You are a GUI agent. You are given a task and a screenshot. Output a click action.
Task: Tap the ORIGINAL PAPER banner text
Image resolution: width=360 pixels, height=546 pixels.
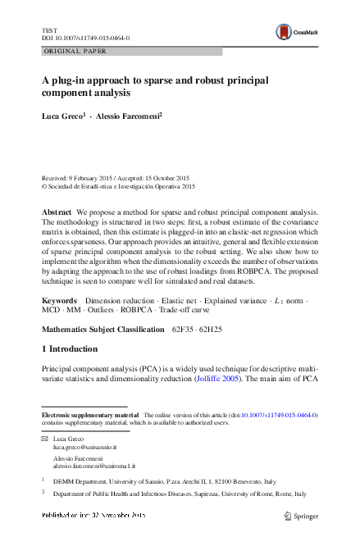[70, 51]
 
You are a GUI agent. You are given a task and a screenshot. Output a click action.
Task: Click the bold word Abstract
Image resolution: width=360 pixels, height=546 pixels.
[57, 212]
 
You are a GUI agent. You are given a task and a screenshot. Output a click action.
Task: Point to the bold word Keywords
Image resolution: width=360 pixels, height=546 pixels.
[60, 302]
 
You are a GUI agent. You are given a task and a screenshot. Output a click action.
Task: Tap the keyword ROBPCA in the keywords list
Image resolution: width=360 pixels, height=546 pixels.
[135, 313]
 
